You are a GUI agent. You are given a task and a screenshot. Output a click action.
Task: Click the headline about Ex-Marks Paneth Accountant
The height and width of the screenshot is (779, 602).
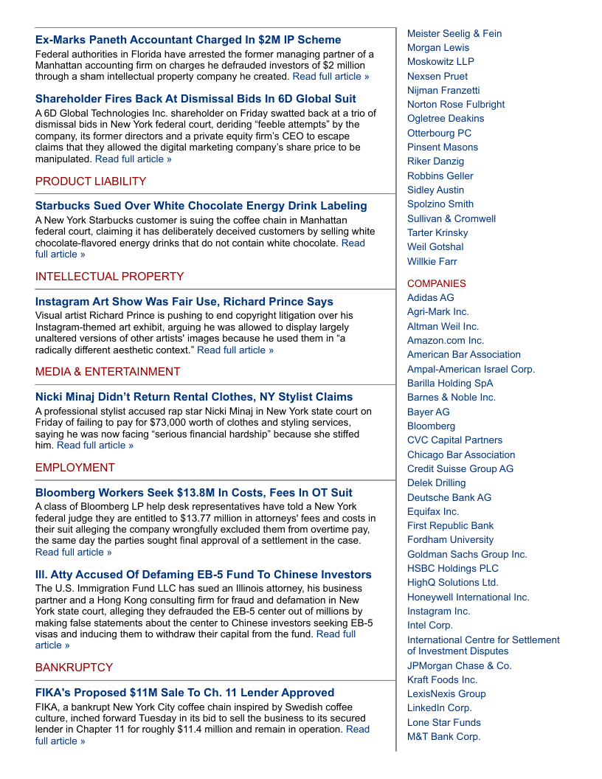(x=188, y=40)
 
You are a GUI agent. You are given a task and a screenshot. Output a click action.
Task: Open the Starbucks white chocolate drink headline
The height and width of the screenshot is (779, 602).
(x=201, y=206)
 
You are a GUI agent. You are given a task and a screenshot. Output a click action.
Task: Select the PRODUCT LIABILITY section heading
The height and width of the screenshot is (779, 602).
(x=91, y=181)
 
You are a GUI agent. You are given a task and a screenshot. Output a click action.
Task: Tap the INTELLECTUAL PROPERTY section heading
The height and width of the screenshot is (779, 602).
(x=109, y=277)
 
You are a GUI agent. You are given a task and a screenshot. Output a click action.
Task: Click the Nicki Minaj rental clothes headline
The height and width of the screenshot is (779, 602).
(x=194, y=397)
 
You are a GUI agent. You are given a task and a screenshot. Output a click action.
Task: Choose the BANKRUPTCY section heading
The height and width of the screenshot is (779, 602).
(x=74, y=668)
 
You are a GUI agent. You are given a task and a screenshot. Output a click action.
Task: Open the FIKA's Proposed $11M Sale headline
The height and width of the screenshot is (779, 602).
(x=184, y=693)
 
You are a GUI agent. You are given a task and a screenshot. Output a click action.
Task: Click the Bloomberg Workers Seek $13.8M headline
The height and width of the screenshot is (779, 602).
(x=194, y=493)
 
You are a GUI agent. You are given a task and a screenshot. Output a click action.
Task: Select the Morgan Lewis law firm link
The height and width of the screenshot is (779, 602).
(x=438, y=48)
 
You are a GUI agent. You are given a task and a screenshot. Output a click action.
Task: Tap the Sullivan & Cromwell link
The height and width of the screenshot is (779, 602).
(x=451, y=219)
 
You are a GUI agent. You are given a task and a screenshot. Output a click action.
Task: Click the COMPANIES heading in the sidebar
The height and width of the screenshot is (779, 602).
(x=437, y=283)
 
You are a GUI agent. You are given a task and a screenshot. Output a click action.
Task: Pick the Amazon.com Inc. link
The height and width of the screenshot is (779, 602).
(x=446, y=341)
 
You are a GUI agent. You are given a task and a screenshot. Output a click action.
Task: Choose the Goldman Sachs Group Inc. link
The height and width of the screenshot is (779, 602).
(x=467, y=555)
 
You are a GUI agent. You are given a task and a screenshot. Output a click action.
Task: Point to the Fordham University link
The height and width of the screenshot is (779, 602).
(x=451, y=540)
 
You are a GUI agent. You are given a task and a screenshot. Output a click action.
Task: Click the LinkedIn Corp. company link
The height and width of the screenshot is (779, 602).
(x=439, y=708)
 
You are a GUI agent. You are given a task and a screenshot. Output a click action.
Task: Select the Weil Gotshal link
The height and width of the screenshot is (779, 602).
(x=435, y=247)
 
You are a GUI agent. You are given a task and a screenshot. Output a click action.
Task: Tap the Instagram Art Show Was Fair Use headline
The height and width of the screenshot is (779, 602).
(x=184, y=302)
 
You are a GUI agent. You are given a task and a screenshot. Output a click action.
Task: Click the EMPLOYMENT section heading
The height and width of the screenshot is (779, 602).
(x=75, y=468)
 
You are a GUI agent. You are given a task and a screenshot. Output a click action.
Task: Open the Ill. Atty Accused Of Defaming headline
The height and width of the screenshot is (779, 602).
(x=204, y=575)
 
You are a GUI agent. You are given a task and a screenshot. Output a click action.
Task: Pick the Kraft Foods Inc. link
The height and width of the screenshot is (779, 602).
(x=442, y=680)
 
